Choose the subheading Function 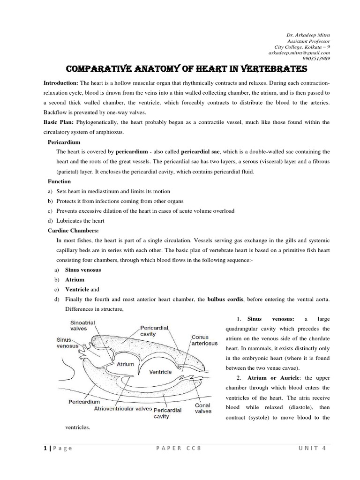click(x=59, y=181)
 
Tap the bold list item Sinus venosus click(x=83, y=270)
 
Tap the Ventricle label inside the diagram click(x=160, y=371)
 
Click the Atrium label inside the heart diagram click(x=126, y=364)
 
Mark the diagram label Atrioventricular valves click(x=122, y=408)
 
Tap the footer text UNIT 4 click(x=311, y=448)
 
